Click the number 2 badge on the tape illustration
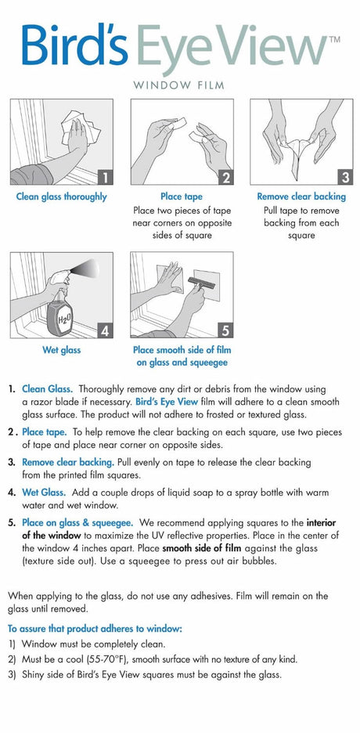point(225,177)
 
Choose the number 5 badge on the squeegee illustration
point(225,330)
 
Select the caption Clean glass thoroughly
point(61,197)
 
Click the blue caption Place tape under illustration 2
point(182,197)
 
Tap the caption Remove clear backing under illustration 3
point(301,197)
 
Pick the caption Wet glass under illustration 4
point(61,350)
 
